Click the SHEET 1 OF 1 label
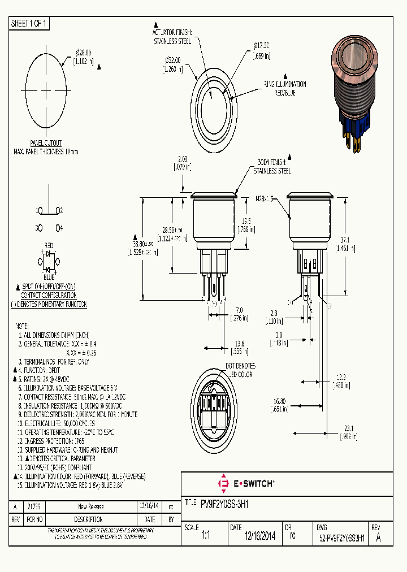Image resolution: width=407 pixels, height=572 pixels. (x=30, y=23)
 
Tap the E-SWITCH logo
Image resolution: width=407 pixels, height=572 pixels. (x=246, y=483)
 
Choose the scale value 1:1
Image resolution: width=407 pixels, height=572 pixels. (x=205, y=538)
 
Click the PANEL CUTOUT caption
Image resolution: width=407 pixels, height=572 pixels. (x=46, y=144)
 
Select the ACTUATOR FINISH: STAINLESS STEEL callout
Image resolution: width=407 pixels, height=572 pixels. (x=172, y=37)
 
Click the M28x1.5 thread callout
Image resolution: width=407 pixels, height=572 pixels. (x=264, y=199)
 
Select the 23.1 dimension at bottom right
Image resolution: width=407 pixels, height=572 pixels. (x=348, y=432)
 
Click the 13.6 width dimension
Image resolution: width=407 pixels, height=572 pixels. (x=240, y=346)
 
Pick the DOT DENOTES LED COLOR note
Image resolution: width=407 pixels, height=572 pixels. (x=240, y=370)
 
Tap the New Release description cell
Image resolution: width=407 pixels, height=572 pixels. (x=90, y=507)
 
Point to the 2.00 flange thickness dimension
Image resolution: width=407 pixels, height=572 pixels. (x=182, y=163)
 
